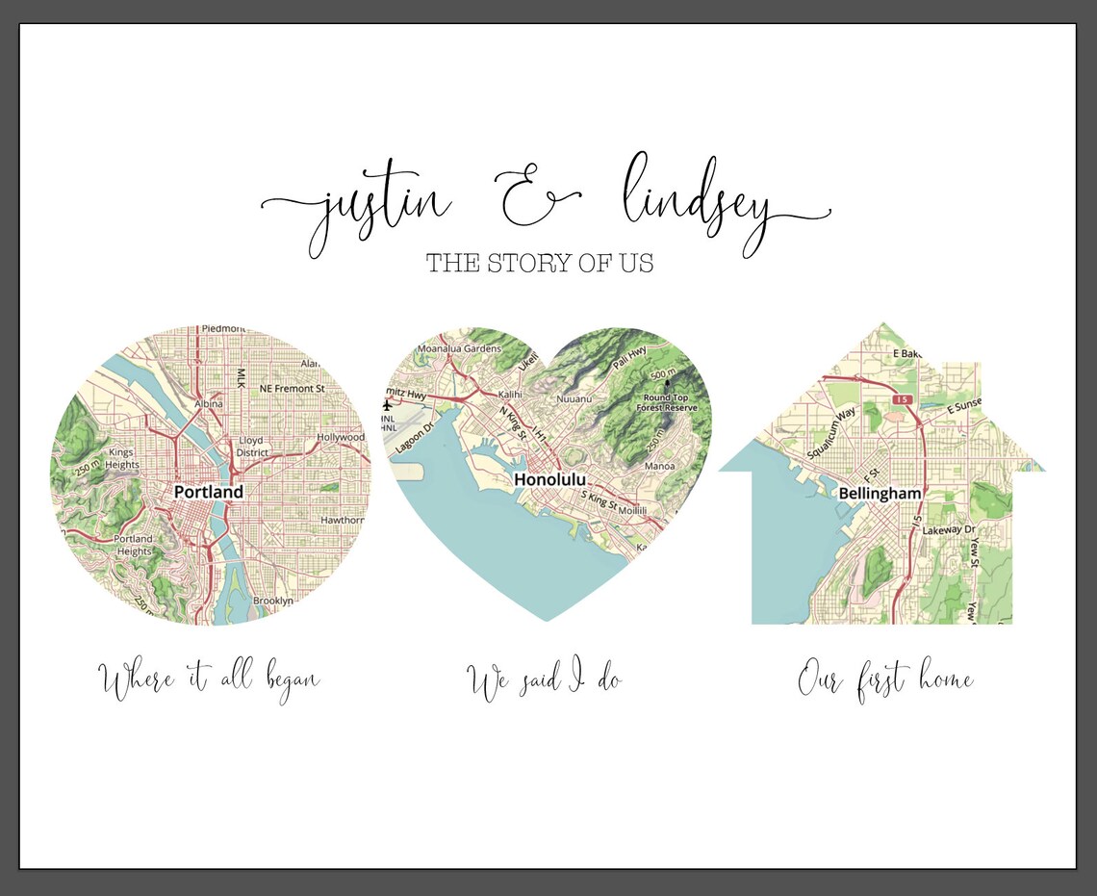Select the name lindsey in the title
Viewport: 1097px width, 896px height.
695,204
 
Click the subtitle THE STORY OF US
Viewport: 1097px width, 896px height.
540,263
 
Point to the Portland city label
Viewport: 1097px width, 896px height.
209,492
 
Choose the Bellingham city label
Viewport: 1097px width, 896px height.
880,494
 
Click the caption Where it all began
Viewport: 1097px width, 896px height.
211,680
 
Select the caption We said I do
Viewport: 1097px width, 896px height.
545,681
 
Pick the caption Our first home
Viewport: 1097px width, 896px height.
885,681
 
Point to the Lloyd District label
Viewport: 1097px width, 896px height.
252,447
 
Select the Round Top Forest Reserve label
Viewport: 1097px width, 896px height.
670,401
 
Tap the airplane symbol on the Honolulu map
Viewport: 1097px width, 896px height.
389,405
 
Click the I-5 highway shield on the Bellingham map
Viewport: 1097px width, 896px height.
901,398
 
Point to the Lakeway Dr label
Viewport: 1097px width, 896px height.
949,530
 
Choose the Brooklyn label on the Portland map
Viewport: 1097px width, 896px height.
272,601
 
